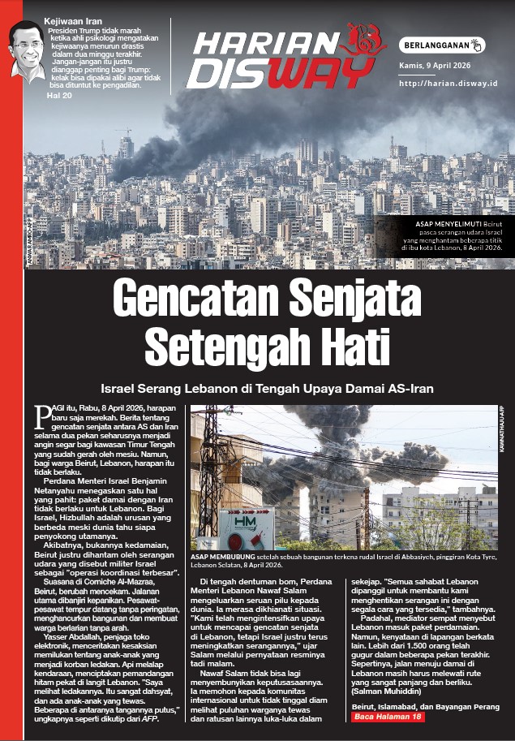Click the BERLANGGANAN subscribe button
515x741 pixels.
[442, 45]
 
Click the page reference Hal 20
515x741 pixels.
[60, 95]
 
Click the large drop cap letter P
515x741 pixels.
[43, 416]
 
